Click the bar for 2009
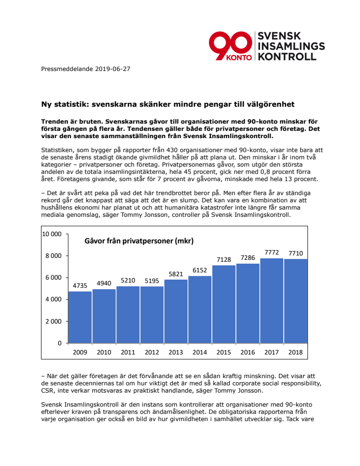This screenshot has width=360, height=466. tap(80, 317)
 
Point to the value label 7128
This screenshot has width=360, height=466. tap(223, 259)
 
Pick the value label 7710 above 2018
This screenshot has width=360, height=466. tap(295, 253)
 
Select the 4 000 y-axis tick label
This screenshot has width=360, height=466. tap(53, 299)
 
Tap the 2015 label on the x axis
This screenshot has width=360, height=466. tap(223, 353)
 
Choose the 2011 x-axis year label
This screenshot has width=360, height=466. tap(128, 353)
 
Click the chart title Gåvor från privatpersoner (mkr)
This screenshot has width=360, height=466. tap(139, 240)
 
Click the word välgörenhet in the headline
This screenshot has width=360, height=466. tap(270, 104)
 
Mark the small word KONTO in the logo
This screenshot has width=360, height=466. tap(240, 56)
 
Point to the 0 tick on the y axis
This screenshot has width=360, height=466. tap(59, 343)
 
